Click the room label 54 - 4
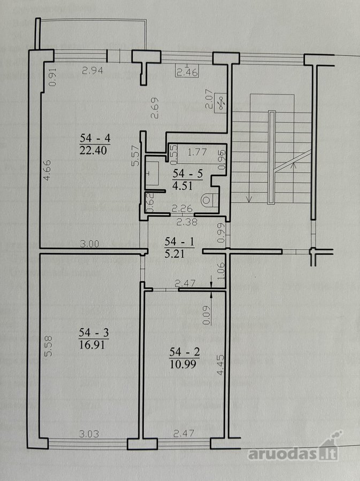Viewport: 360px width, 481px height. (x=95, y=138)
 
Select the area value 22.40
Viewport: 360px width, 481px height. (x=93, y=150)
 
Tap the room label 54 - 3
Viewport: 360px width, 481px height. (x=94, y=332)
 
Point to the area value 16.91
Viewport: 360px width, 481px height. (x=92, y=345)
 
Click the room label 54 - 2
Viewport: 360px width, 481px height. (x=185, y=352)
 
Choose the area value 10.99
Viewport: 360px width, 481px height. (x=182, y=364)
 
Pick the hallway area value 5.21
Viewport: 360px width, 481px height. (x=174, y=254)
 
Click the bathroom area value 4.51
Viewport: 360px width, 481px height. (x=182, y=186)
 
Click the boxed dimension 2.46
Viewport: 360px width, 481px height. (x=187, y=72)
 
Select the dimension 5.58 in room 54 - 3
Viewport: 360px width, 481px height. (x=49, y=346)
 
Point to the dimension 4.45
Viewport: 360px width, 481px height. (x=220, y=365)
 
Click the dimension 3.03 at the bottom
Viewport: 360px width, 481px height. (x=89, y=434)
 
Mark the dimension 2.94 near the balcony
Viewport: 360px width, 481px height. (x=93, y=71)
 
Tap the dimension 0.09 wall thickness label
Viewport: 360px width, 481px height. (x=207, y=315)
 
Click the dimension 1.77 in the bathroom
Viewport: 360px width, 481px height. (x=197, y=152)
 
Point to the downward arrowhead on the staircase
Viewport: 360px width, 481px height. (x=249, y=199)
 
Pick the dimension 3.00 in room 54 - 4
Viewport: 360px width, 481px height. (x=89, y=244)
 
